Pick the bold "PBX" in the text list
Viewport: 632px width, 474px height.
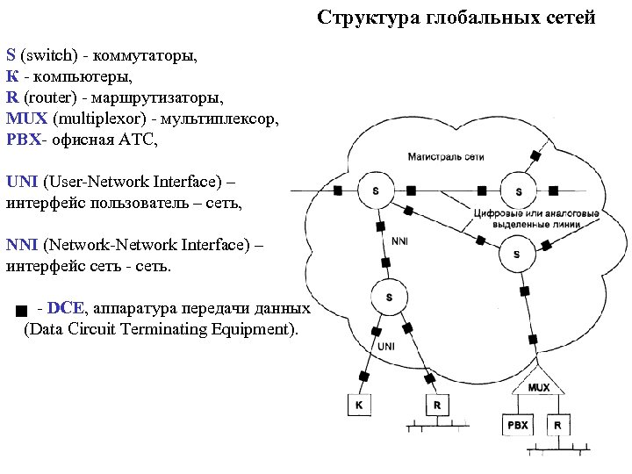pyautogui.click(x=24, y=140)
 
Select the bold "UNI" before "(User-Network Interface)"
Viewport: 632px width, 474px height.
pyautogui.click(x=22, y=182)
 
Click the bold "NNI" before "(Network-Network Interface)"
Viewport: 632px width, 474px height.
pyautogui.click(x=22, y=245)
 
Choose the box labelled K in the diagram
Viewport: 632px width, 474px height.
pyautogui.click(x=358, y=406)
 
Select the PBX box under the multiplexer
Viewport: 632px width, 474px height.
pyautogui.click(x=517, y=426)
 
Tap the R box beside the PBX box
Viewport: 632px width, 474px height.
pyautogui.click(x=557, y=426)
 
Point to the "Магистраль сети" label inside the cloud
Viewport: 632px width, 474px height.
pyautogui.click(x=446, y=156)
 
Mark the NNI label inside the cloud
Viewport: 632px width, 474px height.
pyautogui.click(x=400, y=240)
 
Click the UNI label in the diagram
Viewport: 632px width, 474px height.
pyautogui.click(x=387, y=347)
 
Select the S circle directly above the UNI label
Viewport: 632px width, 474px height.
pyautogui.click(x=389, y=298)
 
